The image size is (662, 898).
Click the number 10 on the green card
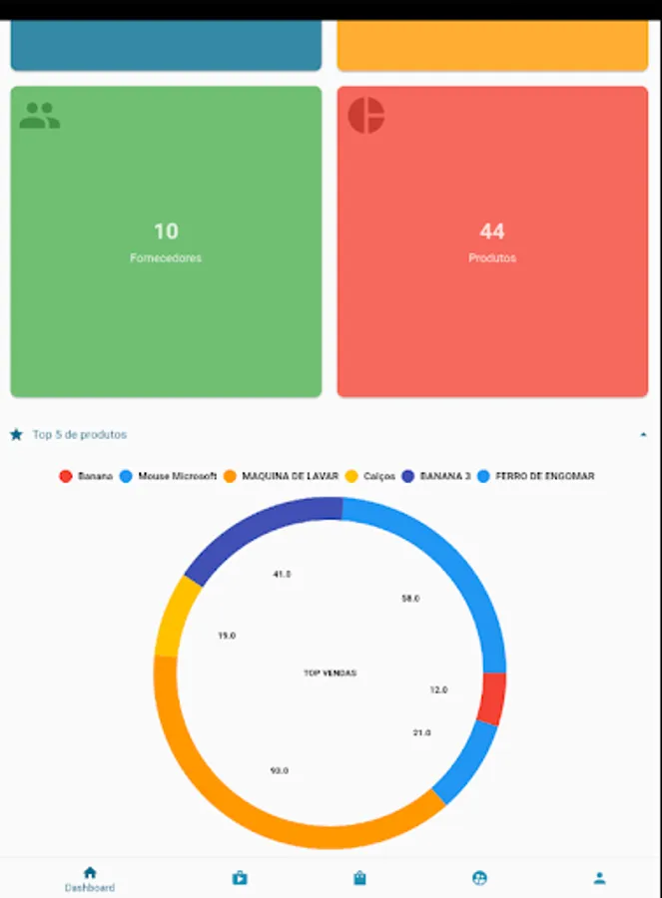(x=166, y=231)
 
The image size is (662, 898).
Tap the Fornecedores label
(x=166, y=257)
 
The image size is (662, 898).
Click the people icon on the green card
(x=40, y=116)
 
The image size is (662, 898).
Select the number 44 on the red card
(x=492, y=231)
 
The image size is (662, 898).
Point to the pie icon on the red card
(x=366, y=116)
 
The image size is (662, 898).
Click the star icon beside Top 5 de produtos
(x=16, y=435)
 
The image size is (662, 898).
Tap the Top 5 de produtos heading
(x=80, y=435)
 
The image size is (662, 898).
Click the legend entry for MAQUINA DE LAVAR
(x=281, y=477)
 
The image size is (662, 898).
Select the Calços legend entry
(x=370, y=477)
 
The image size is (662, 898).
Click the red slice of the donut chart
(x=491, y=697)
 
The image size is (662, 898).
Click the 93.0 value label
(x=280, y=770)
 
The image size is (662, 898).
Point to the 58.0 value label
(x=410, y=599)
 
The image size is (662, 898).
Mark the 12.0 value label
(x=438, y=689)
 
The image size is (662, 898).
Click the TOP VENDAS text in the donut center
(x=330, y=673)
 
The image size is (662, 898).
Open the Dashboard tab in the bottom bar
(x=90, y=879)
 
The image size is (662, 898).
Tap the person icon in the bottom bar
(x=599, y=878)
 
